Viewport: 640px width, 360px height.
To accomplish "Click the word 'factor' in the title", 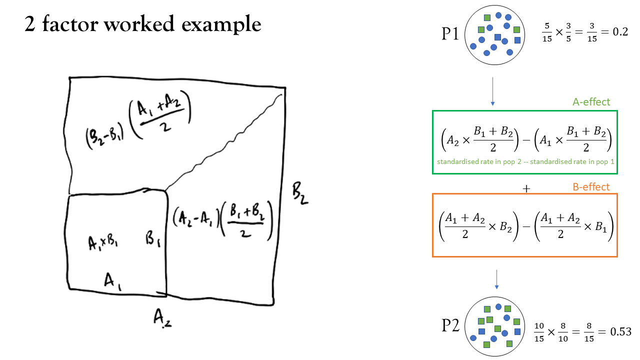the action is click(70, 23).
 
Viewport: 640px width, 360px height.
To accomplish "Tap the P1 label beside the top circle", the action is click(450, 34).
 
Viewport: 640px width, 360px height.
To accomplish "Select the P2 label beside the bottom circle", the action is click(450, 325).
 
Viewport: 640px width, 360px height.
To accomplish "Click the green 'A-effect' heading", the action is click(591, 102).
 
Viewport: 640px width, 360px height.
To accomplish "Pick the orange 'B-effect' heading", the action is click(591, 187).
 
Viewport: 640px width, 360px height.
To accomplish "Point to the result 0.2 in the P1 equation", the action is click(620, 31).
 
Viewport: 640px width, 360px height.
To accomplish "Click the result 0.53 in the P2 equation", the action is click(620, 331).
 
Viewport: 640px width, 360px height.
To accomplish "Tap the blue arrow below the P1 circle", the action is click(492, 91).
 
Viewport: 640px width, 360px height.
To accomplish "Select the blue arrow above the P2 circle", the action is click(496, 279).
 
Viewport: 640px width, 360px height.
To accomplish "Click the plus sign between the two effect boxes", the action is click(526, 189).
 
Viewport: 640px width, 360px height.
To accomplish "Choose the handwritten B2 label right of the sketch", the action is click(300, 194).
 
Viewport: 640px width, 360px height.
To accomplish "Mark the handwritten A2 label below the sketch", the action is click(162, 318).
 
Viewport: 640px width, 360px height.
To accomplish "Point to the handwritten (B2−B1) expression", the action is click(105, 137).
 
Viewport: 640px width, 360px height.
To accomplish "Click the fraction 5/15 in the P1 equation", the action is click(547, 32).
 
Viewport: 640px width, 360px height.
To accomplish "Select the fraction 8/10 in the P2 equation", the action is click(563, 332).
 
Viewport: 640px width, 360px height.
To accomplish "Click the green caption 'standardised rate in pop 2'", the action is click(479, 161).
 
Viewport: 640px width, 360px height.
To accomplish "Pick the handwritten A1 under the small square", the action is click(112, 281).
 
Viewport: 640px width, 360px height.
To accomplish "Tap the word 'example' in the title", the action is click(221, 24).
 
